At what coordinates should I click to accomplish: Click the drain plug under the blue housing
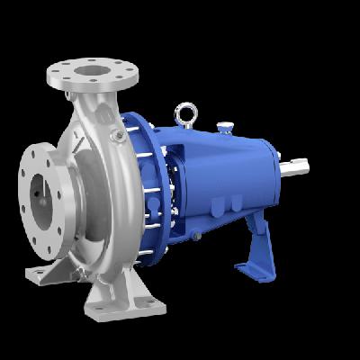(193, 235)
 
